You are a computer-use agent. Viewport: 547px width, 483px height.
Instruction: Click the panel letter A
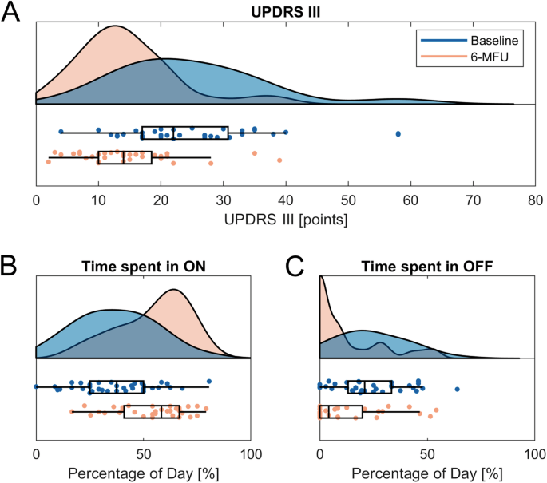13,14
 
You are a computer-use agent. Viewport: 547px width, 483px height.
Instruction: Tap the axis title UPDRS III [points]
285,218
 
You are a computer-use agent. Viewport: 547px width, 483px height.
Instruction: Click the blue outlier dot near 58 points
398,133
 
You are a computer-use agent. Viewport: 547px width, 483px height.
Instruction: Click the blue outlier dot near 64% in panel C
458,389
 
